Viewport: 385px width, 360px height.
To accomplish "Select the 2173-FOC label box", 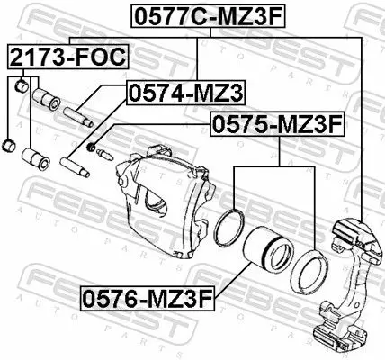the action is tap(68, 57).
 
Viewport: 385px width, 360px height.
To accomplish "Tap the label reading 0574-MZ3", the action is tap(185, 93).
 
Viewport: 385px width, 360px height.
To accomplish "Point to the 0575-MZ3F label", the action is tap(277, 124).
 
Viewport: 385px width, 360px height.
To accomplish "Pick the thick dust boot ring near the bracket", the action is tap(309, 273).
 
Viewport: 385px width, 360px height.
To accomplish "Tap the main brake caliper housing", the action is tap(165, 202).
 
